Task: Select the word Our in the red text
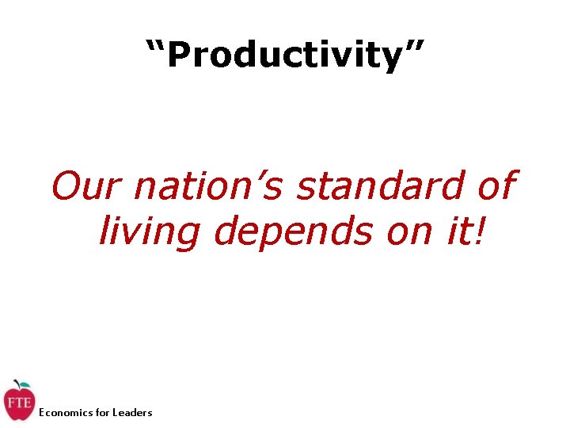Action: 86,187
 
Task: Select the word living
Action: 150,231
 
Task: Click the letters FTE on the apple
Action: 18,403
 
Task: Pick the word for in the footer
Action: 103,412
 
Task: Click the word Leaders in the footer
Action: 132,412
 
